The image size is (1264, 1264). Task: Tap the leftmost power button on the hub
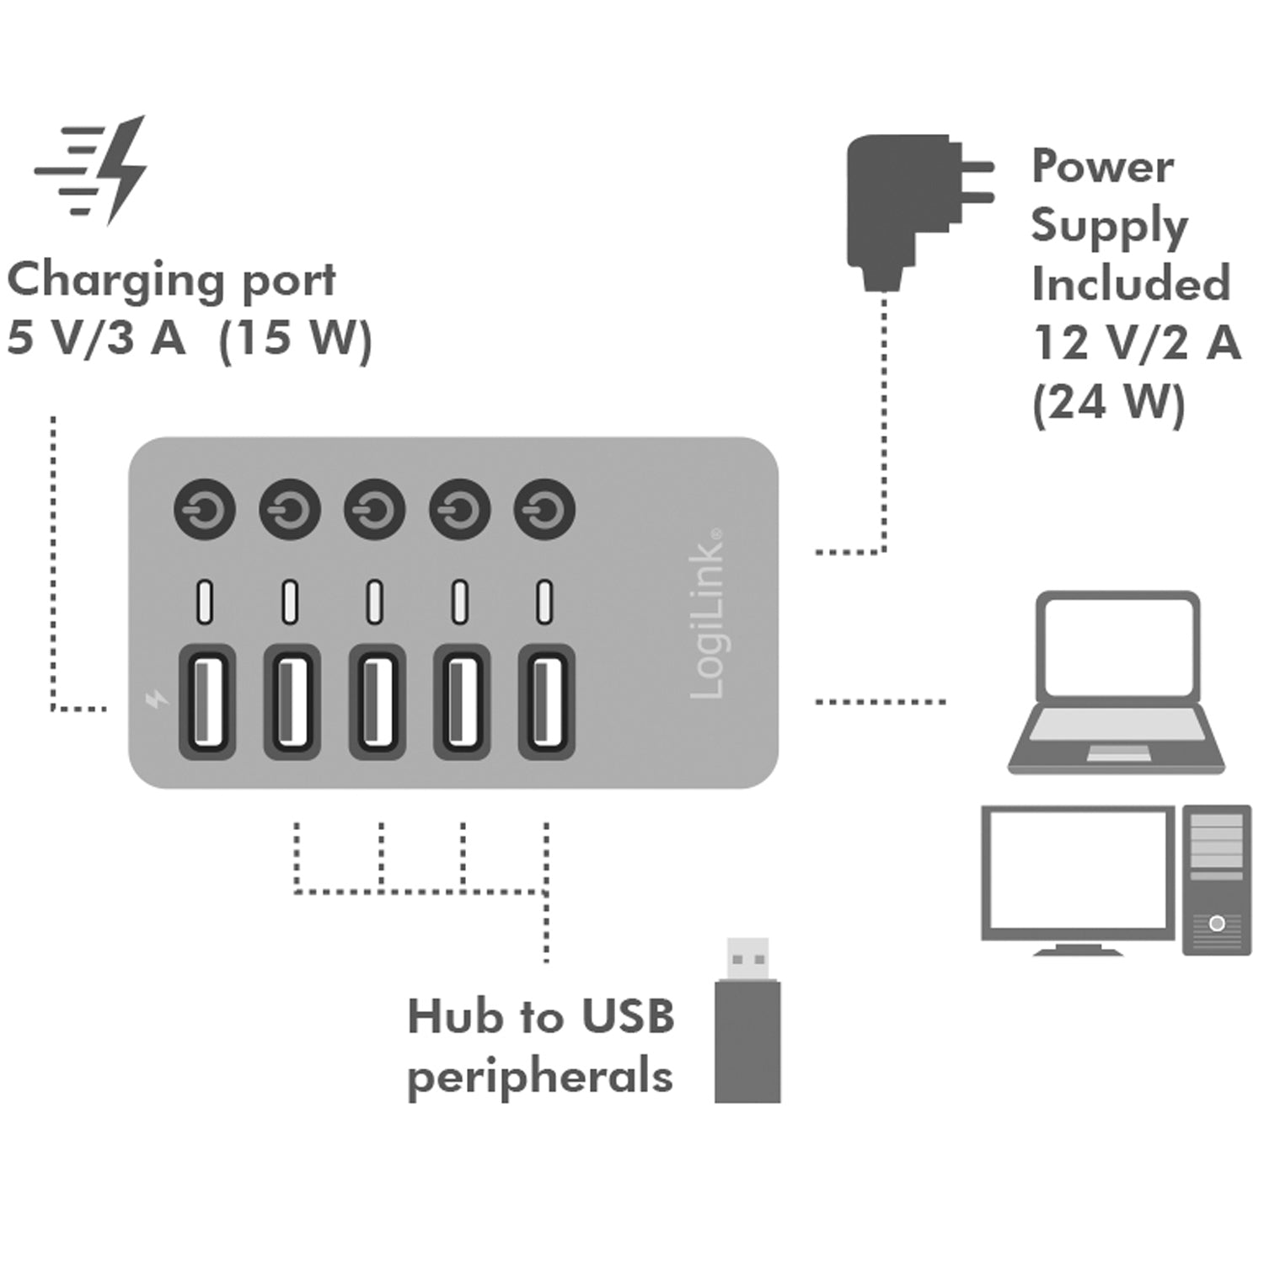coord(204,510)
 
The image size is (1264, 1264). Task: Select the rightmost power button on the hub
coord(544,510)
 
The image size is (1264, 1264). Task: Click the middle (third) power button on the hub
coord(374,510)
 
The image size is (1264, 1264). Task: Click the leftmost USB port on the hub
coord(206,702)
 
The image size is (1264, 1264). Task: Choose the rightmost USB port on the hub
coord(546,702)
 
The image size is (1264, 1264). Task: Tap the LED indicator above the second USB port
coord(290,602)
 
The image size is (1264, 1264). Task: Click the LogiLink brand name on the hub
coord(706,615)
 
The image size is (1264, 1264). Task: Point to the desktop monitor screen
coord(1078,872)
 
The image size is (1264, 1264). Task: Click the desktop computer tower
coord(1216,879)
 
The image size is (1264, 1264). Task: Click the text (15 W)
coord(295,340)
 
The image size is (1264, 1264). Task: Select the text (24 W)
coord(1109,402)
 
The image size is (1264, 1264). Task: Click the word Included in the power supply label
coord(1130,283)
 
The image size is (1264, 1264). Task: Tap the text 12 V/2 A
coord(1136,343)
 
